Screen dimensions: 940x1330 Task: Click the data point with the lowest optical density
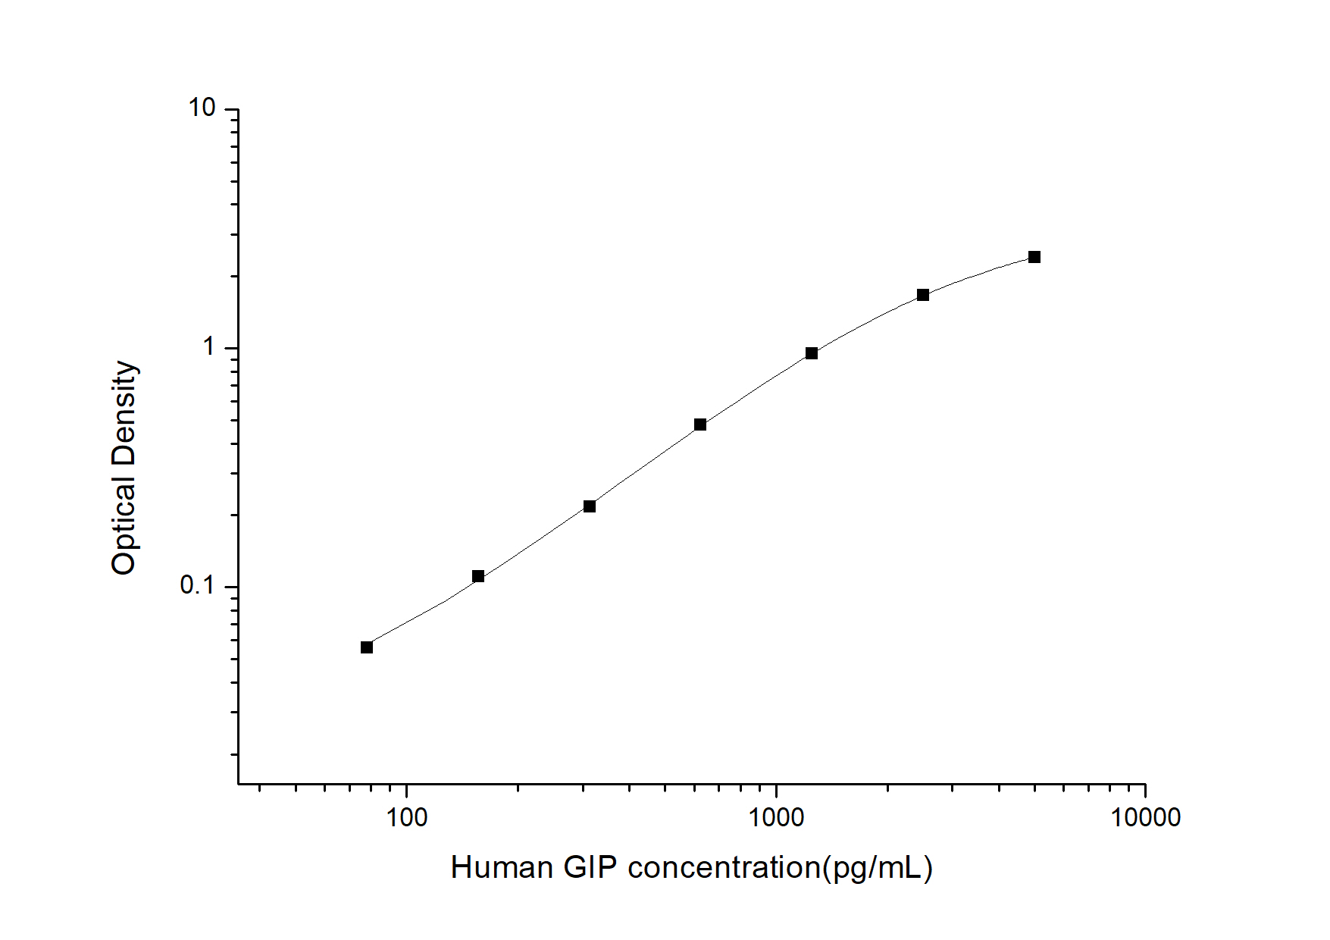point(367,647)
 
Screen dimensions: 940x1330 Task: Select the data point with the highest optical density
point(1034,257)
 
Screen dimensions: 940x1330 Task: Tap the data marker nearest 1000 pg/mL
point(812,353)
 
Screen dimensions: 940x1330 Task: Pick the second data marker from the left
point(478,576)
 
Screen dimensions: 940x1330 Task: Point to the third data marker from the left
point(590,506)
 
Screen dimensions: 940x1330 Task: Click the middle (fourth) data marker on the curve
point(700,425)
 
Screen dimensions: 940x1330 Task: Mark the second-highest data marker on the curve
point(923,295)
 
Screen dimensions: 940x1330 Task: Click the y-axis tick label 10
point(202,108)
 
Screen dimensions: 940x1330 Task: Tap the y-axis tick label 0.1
point(198,586)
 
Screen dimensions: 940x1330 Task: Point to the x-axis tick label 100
point(407,818)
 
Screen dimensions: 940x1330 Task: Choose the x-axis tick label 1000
point(776,818)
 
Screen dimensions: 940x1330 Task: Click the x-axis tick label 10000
point(1145,818)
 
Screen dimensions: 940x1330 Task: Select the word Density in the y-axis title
point(124,412)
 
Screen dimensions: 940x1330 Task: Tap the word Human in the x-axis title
point(502,868)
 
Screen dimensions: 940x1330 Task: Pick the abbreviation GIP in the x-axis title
point(590,868)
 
